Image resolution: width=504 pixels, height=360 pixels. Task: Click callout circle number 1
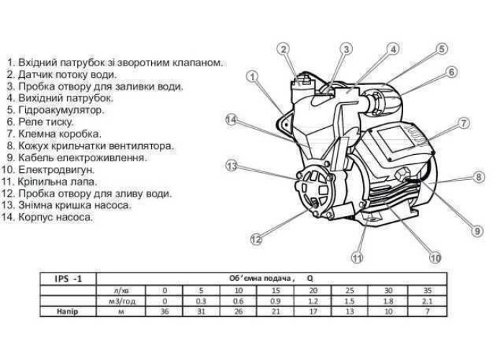tap(253, 76)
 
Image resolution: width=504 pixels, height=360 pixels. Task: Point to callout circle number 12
tap(255, 240)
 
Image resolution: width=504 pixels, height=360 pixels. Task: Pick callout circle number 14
tap(231, 120)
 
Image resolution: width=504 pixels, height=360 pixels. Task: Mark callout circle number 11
tap(358, 257)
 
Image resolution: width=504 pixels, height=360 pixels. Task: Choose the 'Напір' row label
tap(67, 312)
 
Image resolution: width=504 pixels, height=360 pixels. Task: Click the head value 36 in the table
tap(166, 312)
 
